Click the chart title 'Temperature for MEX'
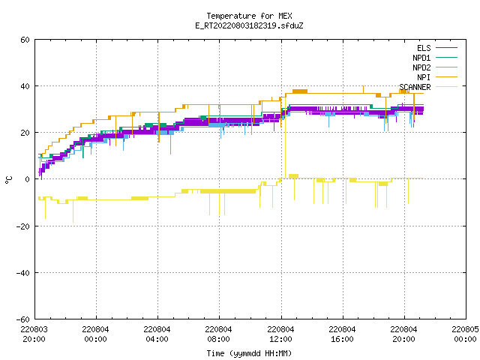249,16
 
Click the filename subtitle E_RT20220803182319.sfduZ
249,25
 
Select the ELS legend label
424,48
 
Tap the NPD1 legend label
421,58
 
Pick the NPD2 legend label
421,67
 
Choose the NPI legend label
424,77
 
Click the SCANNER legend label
415,87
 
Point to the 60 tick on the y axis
25,40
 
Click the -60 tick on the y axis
23,319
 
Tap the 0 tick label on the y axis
28,179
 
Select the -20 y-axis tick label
23,226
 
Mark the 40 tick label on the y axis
25,86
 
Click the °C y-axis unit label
8,180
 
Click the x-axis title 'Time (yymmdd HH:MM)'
249,353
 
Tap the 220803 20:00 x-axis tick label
34,334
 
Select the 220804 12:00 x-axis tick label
280,334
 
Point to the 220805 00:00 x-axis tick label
465,334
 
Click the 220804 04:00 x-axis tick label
157,334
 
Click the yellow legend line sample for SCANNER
447,87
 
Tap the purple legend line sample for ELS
447,48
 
